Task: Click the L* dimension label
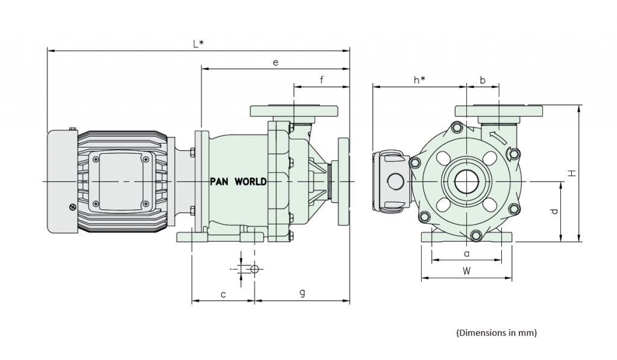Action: click(197, 44)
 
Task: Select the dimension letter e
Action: click(275, 62)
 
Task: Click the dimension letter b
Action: click(483, 80)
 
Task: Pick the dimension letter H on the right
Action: click(572, 173)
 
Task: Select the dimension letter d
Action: click(554, 212)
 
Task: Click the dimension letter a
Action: click(466, 254)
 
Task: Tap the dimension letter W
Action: click(466, 271)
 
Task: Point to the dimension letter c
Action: click(223, 294)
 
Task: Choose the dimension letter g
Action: click(302, 293)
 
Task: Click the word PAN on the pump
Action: click(220, 182)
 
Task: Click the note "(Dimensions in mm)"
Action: click(496, 332)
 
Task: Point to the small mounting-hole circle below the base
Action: click(254, 269)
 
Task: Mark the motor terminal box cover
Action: click(119, 182)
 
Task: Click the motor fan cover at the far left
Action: click(61, 181)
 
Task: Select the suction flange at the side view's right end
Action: click(343, 181)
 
